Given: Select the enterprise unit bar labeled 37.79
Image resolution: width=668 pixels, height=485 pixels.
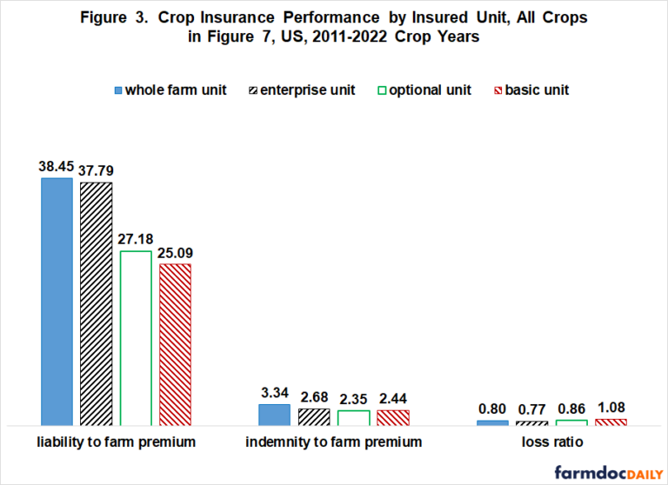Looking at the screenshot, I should [x=96, y=303].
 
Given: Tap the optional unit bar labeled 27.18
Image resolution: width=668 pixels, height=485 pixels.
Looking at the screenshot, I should [x=136, y=338].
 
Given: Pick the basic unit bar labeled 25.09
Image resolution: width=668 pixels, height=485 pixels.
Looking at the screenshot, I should [x=175, y=344].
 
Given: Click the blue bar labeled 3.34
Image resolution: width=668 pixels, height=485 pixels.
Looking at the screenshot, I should [x=274, y=415].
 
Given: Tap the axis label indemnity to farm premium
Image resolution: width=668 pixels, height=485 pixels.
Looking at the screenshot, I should [x=334, y=442].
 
